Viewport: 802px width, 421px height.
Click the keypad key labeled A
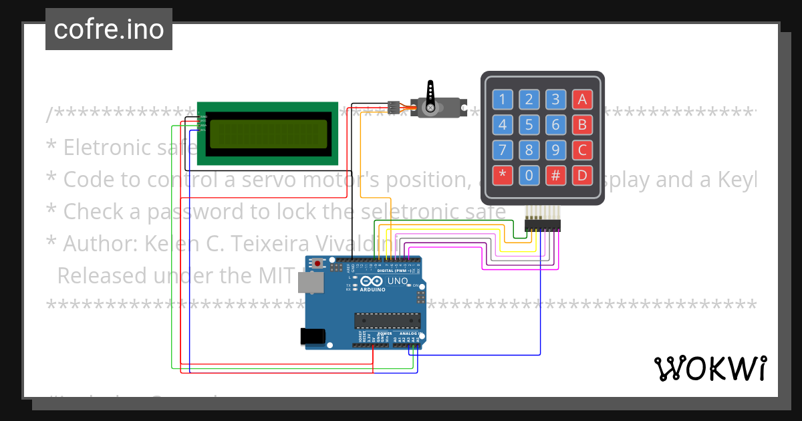click(x=582, y=100)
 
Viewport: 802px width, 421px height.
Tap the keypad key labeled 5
click(x=529, y=124)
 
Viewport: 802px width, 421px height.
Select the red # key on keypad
click(x=555, y=176)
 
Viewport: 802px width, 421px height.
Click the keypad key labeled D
click(x=582, y=176)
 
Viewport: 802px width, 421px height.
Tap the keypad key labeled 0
click(x=529, y=176)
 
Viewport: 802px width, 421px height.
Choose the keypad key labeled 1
click(x=503, y=100)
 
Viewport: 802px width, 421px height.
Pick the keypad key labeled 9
click(x=555, y=150)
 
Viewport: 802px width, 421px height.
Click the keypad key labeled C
click(x=582, y=150)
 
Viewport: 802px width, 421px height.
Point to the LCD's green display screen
click(x=269, y=134)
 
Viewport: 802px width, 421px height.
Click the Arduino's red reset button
click(x=317, y=264)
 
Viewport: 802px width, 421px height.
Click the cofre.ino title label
click(x=109, y=29)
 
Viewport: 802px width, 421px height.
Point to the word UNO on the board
click(x=397, y=282)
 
